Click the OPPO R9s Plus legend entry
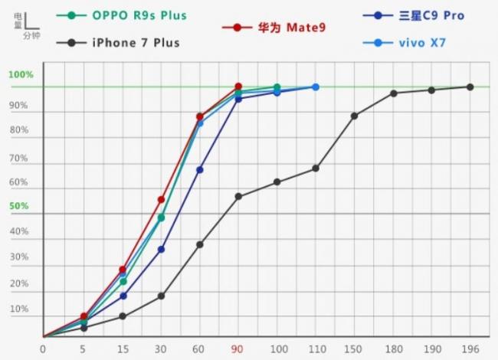pyautogui.click(x=139, y=15)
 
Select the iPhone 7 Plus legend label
pyautogui.click(x=135, y=43)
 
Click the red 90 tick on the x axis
pyautogui.click(x=238, y=349)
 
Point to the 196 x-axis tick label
pyautogui.click(x=470, y=349)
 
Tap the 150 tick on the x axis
pyautogui.click(x=354, y=349)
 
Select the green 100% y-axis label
pyautogui.click(x=21, y=75)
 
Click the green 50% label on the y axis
pyautogui.click(x=19, y=207)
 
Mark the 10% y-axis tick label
pyautogui.click(x=19, y=309)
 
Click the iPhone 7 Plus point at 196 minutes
pyautogui.click(x=470, y=87)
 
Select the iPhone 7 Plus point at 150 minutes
pyautogui.click(x=354, y=116)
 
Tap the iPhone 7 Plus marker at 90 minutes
pyautogui.click(x=238, y=196)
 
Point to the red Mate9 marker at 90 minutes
pyautogui.click(x=238, y=87)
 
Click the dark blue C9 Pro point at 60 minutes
pyautogui.click(x=199, y=169)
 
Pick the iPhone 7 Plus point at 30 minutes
pyautogui.click(x=161, y=296)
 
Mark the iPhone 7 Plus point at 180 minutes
pyautogui.click(x=393, y=93)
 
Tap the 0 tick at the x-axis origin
pyautogui.click(x=43, y=349)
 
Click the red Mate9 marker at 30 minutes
pyautogui.click(x=161, y=199)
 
